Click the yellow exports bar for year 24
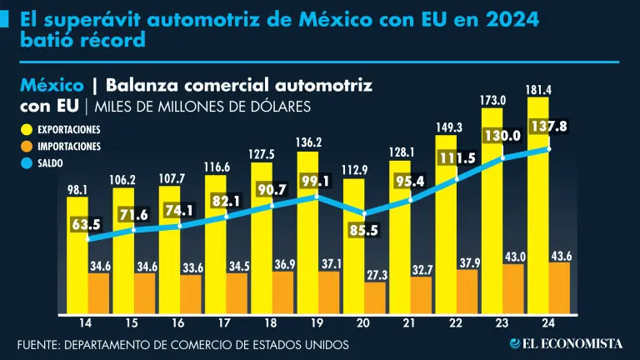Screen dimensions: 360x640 (537, 208)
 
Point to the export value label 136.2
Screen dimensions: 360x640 (307, 142)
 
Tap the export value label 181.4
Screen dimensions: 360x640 (537, 88)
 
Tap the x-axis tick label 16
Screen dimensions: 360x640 (178, 323)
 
